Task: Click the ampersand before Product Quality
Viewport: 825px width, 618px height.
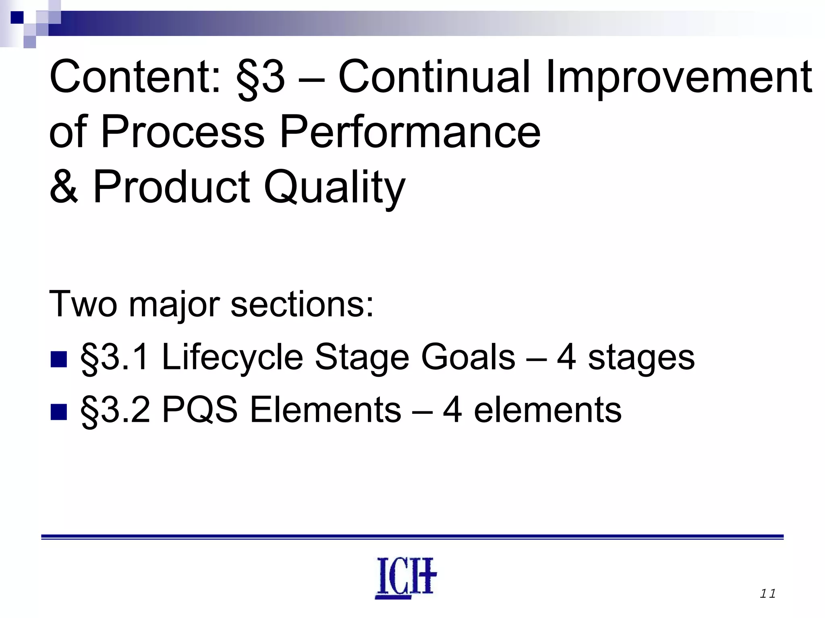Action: pos(64,187)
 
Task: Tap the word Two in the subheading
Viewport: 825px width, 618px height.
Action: pos(83,304)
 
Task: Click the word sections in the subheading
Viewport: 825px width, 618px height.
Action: pos(302,304)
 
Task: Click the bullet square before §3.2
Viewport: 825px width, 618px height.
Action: pos(58,412)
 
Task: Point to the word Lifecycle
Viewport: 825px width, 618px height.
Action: pos(232,358)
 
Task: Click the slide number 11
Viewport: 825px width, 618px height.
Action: pos(767,594)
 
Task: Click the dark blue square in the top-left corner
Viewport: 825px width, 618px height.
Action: pos(17,18)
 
